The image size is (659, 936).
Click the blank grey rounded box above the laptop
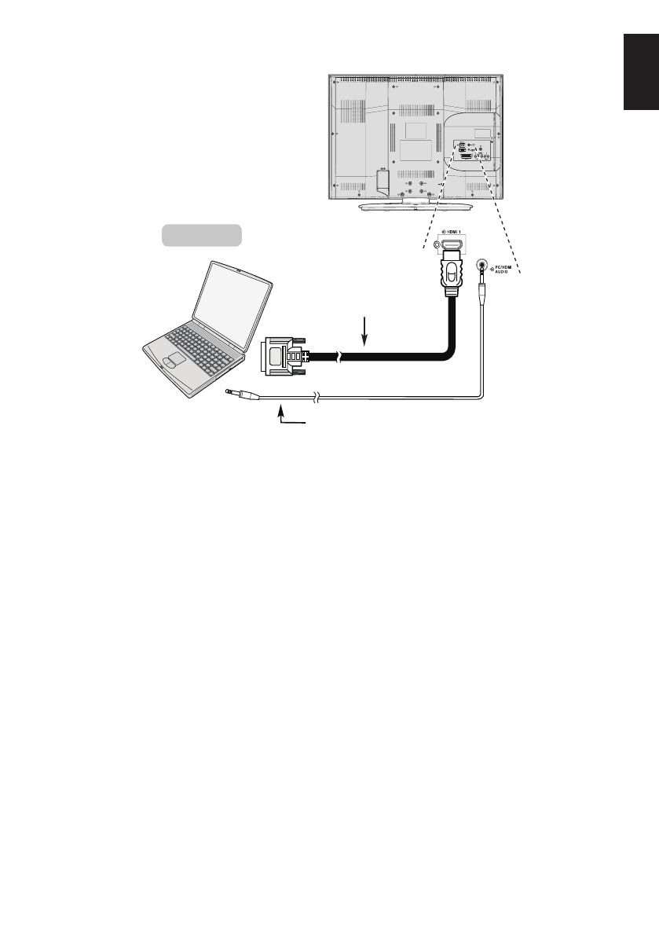coord(201,234)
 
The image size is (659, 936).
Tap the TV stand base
coord(416,206)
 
